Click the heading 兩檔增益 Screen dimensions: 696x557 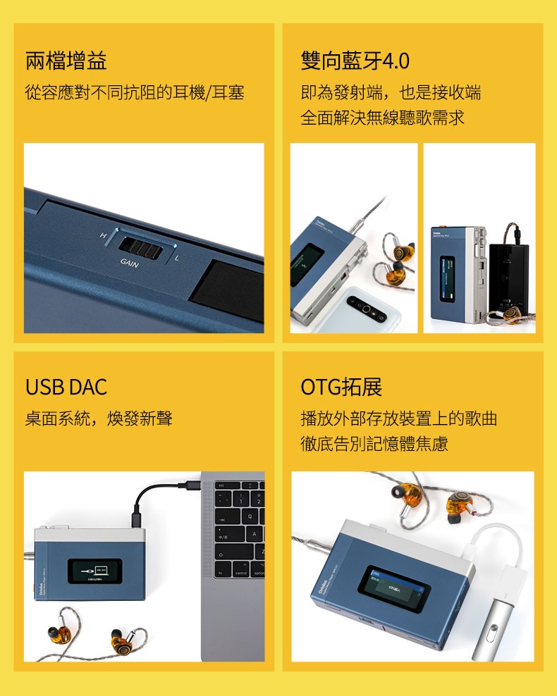[66, 61]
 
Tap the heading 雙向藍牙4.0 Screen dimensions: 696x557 [355, 61]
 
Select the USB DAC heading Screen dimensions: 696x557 [66, 387]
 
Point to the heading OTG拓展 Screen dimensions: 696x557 [341, 387]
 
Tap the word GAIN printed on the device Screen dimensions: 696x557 [129, 263]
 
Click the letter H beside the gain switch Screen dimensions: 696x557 [103, 235]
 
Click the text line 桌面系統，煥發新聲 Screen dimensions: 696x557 [99, 419]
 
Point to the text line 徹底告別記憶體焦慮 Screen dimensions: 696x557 [374, 445]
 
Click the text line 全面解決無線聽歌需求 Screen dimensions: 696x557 [383, 118]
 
